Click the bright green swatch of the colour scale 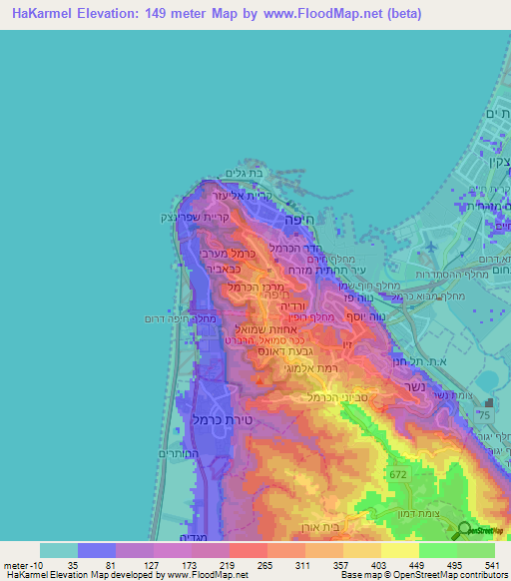[x=437, y=550]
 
